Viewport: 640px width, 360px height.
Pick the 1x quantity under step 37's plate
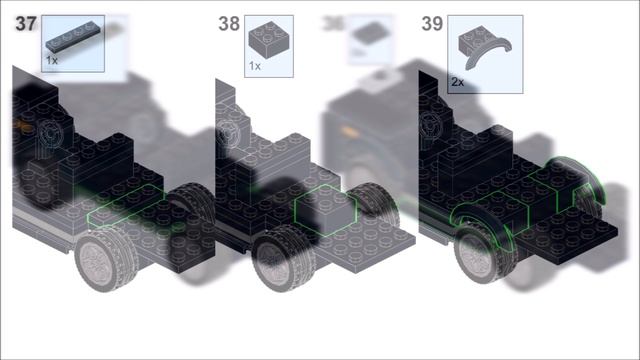pos(52,60)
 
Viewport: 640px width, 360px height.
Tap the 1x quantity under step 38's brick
pos(254,66)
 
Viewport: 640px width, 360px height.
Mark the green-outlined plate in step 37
pos(124,204)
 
